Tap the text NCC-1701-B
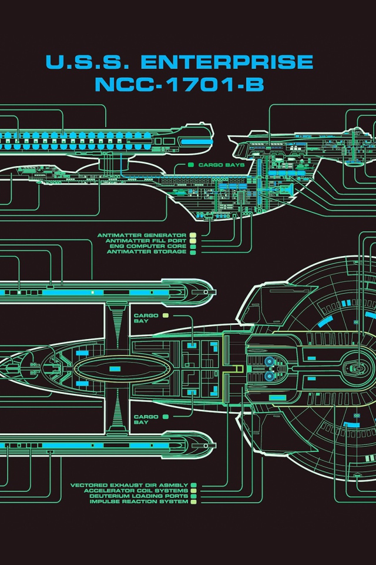click(179, 84)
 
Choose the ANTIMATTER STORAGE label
click(147, 252)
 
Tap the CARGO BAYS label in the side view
click(218, 165)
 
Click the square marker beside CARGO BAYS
click(191, 165)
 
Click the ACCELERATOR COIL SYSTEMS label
click(136, 491)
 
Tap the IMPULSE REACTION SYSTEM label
click(139, 501)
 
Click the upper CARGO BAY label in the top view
click(145, 318)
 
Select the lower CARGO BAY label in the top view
click(145, 419)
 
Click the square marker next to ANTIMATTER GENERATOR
click(193, 235)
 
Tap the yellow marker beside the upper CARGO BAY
click(166, 315)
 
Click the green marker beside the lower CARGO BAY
click(166, 417)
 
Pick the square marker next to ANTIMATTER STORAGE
click(193, 252)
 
